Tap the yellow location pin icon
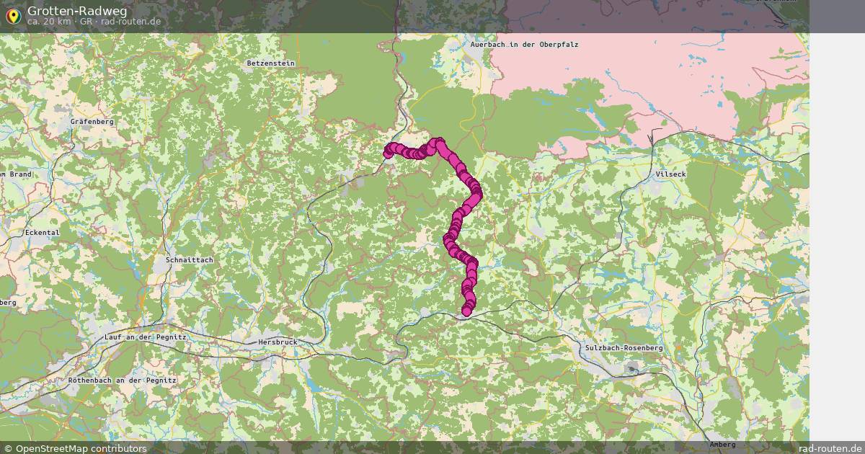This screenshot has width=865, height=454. click(13, 15)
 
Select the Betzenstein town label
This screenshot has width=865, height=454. click(270, 63)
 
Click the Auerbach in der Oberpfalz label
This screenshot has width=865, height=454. click(524, 45)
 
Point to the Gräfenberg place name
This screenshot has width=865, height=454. click(92, 122)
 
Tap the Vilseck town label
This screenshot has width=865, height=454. click(671, 174)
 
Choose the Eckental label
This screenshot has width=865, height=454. click(42, 233)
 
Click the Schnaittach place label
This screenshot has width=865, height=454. click(189, 259)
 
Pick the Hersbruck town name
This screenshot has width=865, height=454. click(278, 342)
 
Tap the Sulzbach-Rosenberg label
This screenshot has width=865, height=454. click(624, 348)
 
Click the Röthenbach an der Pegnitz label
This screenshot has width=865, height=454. click(123, 380)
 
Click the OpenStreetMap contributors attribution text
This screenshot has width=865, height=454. click(81, 448)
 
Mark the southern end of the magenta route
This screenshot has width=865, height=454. click(466, 311)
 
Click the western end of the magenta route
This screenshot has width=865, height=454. click(389, 151)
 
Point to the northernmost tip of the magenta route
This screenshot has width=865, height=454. click(438, 142)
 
